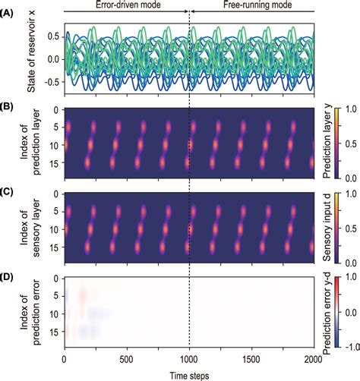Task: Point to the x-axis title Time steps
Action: (x=188, y=374)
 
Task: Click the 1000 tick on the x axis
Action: (x=188, y=361)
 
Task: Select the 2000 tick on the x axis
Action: (x=312, y=361)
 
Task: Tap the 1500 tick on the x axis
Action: (x=251, y=361)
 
